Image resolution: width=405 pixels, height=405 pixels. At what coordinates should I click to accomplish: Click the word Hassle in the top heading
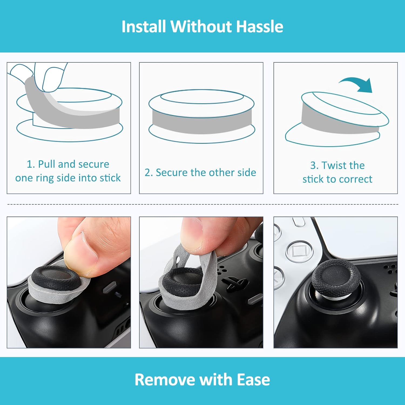click(x=259, y=26)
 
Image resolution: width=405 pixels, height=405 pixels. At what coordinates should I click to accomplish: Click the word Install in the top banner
click(x=143, y=26)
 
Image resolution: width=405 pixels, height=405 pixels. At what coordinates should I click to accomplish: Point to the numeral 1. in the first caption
click(x=31, y=164)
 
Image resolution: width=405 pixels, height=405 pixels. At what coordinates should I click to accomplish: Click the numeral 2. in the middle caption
click(x=149, y=173)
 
